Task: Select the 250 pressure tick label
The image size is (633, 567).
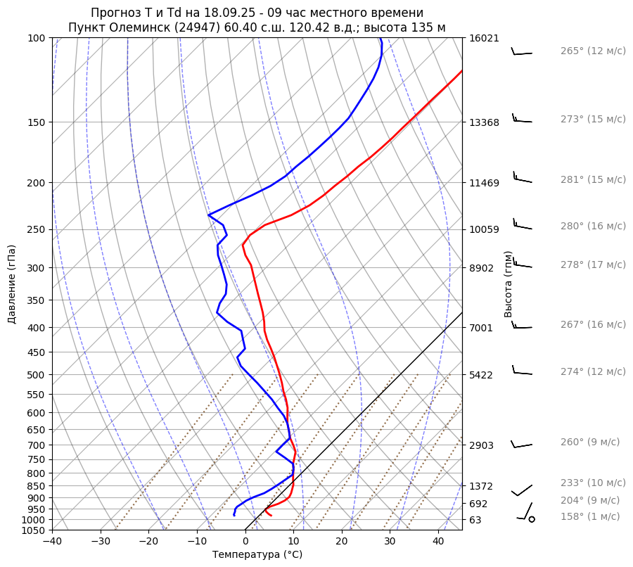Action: click(37, 229)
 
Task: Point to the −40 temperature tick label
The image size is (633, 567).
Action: click(52, 542)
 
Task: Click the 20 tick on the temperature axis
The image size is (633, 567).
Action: click(342, 542)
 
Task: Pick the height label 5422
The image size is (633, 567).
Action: click(481, 374)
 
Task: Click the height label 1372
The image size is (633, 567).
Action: click(481, 486)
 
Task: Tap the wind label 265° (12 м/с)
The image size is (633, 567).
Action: click(593, 51)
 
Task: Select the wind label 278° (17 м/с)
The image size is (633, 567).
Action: click(593, 265)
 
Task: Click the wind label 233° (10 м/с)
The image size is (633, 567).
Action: click(593, 483)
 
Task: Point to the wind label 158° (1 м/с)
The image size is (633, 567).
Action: click(590, 516)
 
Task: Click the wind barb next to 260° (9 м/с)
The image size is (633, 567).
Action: click(521, 445)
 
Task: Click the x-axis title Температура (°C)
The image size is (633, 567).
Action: click(257, 555)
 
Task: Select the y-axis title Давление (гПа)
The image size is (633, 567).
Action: click(12, 284)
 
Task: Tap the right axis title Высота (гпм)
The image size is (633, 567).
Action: click(508, 284)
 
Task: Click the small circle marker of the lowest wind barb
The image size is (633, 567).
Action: click(532, 519)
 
